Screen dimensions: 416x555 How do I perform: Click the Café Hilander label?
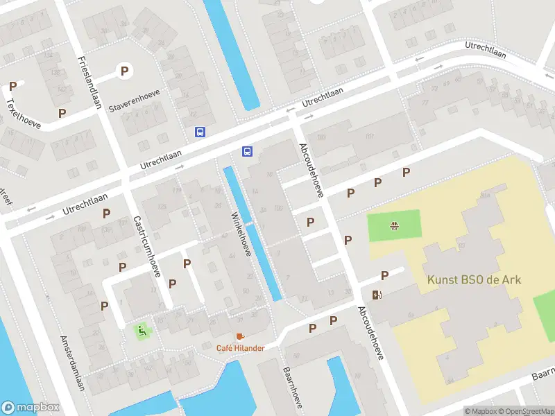240,348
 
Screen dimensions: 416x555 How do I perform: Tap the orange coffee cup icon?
240,336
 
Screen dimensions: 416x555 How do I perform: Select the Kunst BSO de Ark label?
474,280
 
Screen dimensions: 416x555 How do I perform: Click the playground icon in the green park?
394,225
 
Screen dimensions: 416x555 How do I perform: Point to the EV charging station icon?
377,295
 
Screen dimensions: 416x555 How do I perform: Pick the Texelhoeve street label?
23,113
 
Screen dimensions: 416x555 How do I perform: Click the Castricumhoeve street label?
146,245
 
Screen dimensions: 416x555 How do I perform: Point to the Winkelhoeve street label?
240,234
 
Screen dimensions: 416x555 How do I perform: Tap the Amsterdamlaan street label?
72,363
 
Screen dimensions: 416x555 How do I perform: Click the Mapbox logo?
30,407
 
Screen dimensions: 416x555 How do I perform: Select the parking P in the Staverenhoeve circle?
125,70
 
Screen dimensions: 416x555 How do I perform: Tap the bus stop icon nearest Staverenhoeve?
200,132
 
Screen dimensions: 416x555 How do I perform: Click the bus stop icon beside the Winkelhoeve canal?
246,151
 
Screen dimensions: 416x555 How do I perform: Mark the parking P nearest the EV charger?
384,275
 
